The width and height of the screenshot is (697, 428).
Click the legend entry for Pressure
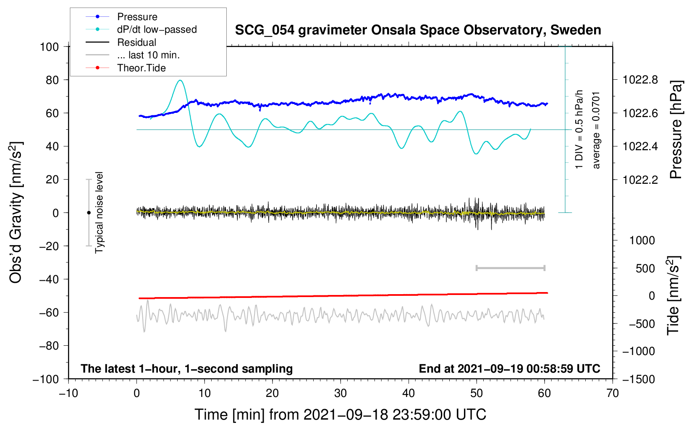pos(137,17)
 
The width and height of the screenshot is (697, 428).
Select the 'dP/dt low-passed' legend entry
pos(157,29)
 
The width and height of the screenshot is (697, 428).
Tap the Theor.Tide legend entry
pos(141,68)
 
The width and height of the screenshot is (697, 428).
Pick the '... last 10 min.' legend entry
pos(148,55)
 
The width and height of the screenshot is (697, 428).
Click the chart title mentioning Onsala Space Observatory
pos(418,30)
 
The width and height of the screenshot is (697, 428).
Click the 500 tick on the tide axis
pos(645,268)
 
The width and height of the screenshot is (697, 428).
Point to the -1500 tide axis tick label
pos(638,379)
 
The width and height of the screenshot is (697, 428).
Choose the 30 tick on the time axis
pos(341,393)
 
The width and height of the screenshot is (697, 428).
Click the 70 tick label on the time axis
pos(613,393)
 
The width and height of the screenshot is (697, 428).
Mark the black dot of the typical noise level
pos(89,213)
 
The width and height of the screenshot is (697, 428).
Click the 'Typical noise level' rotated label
pos(99,212)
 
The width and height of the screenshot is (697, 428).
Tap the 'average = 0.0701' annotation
pos(596,130)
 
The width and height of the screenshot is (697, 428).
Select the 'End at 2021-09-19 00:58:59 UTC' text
pos(509,368)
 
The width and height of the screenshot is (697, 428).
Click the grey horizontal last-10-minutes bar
pos(510,268)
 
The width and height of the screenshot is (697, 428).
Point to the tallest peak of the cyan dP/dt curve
pos(180,80)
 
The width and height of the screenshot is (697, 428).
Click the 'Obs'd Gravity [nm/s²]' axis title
pos(16,212)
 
